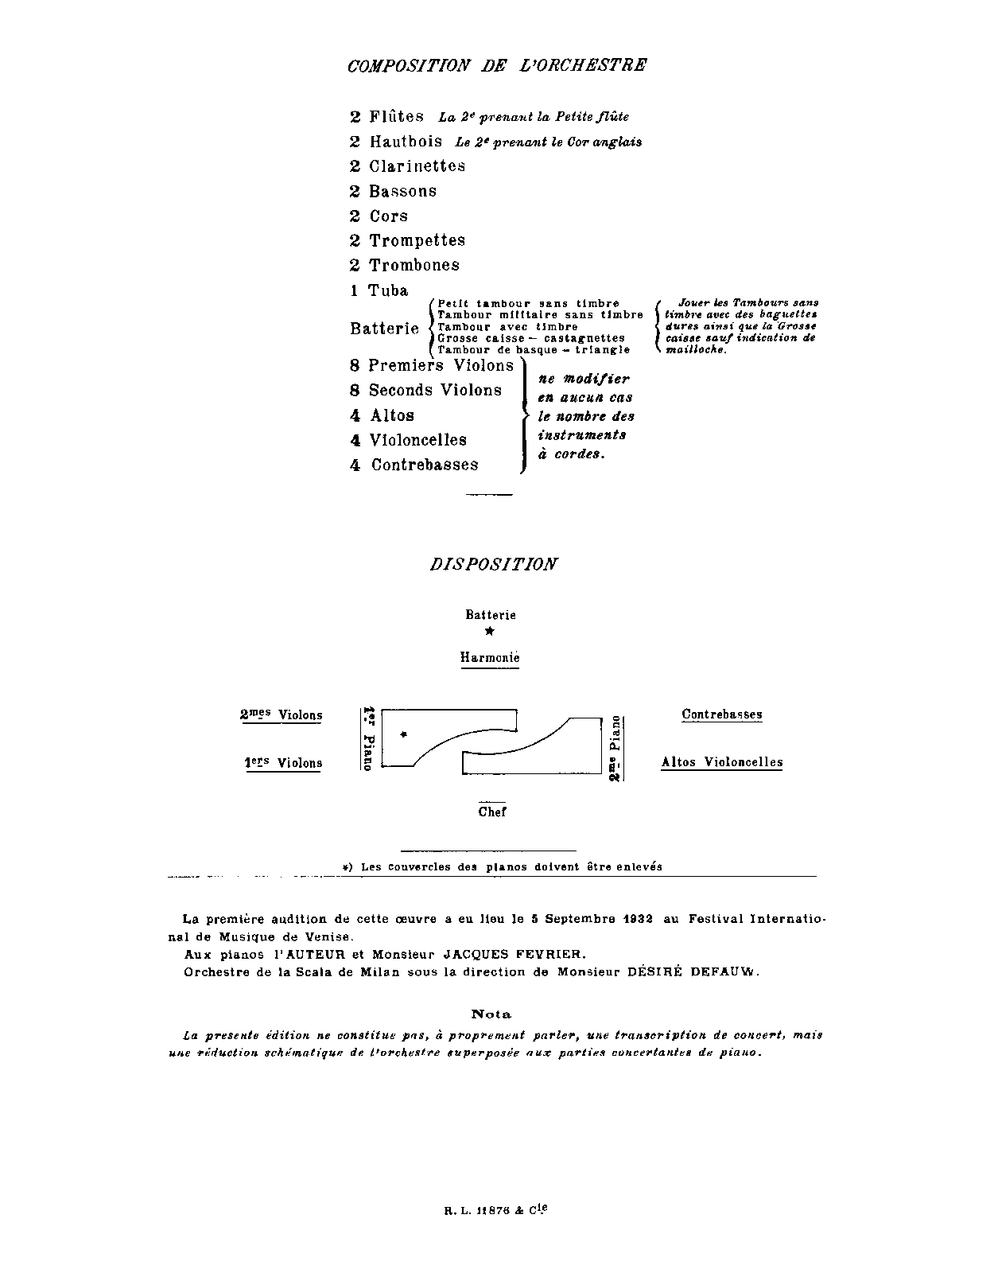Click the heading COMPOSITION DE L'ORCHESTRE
[497, 65]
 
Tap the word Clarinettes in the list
[417, 166]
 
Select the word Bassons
[402, 192]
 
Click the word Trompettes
[417, 240]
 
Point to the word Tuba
[388, 290]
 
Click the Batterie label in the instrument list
[384, 329]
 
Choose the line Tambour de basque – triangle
[534, 349]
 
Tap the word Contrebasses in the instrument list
[425, 465]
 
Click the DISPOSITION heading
[493, 564]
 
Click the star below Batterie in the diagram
[490, 632]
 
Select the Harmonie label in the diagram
[490, 658]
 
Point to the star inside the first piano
[404, 734]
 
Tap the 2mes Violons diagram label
[281, 714]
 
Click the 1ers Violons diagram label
[283, 763]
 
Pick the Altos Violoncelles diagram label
[722, 762]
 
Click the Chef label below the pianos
[492, 812]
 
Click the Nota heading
[491, 1014]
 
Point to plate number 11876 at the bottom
[494, 1213]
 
